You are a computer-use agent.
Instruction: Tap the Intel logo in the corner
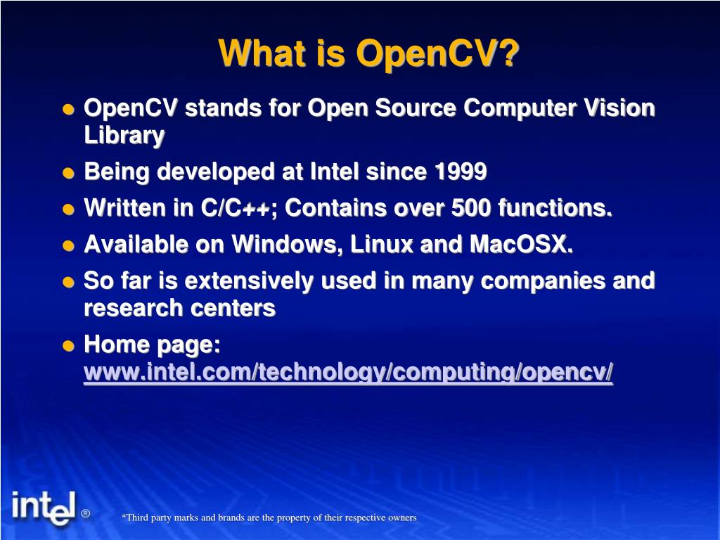(x=43, y=507)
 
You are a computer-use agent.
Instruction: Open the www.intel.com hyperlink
(x=348, y=373)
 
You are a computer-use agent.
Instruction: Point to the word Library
(x=124, y=135)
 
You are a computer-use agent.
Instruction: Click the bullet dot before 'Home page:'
(x=68, y=346)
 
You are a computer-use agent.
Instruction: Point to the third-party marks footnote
(x=269, y=517)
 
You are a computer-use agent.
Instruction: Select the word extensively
(x=247, y=281)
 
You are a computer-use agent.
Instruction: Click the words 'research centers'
(x=179, y=308)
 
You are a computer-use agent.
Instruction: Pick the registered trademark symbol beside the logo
(x=85, y=513)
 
